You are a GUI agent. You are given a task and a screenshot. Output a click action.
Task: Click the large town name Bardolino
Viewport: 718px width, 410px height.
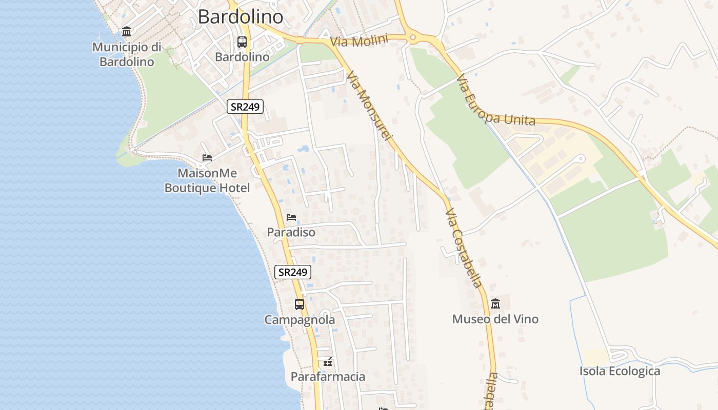(241, 17)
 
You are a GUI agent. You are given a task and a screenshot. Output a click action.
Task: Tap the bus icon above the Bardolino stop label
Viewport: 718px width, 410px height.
(242, 42)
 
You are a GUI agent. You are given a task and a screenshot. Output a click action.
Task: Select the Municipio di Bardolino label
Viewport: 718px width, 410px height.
(127, 54)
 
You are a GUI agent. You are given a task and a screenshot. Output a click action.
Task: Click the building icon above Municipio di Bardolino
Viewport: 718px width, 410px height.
(127, 32)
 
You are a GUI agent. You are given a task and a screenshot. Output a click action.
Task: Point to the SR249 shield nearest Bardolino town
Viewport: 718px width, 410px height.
(245, 107)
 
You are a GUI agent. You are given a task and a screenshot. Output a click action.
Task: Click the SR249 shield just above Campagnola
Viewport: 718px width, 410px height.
(293, 272)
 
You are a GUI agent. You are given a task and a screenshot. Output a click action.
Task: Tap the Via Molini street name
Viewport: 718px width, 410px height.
(359, 40)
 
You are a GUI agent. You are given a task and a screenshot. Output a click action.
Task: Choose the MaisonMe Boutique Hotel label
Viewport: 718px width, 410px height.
(207, 180)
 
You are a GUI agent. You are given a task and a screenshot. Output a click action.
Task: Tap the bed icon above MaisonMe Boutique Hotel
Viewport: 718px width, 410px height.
(207, 157)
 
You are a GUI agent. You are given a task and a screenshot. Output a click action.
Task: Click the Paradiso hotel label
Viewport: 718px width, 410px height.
(291, 232)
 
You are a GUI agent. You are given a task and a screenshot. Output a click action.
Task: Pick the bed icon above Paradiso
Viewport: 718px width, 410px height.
(291, 217)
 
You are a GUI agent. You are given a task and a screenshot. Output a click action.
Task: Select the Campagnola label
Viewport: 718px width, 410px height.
(300, 320)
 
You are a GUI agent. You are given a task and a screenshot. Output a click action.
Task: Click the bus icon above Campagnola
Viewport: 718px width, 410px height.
(300, 304)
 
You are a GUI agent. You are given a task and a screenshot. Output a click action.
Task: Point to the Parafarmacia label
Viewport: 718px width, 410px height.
(328, 377)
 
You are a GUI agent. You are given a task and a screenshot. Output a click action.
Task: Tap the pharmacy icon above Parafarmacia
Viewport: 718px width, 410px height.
(328, 362)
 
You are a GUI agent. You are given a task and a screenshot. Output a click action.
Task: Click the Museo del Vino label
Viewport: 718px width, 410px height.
(495, 319)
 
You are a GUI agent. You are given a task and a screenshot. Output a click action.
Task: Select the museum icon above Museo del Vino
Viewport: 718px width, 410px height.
(495, 304)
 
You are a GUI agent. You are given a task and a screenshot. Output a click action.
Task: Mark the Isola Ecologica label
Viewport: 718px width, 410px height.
(620, 371)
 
